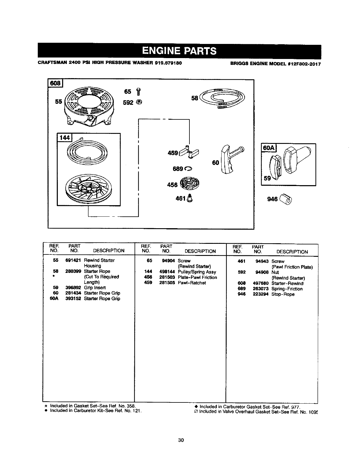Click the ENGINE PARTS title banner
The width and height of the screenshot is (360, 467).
coord(179,51)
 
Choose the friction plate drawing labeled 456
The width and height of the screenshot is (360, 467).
coord(190,183)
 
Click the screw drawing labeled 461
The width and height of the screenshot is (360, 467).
coord(190,198)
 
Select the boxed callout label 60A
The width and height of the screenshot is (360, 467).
coord(268,147)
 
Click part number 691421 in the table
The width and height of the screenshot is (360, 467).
coord(73,260)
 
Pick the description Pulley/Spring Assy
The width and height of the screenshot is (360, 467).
coord(197,272)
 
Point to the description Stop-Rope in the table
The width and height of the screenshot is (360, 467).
coord(283,294)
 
